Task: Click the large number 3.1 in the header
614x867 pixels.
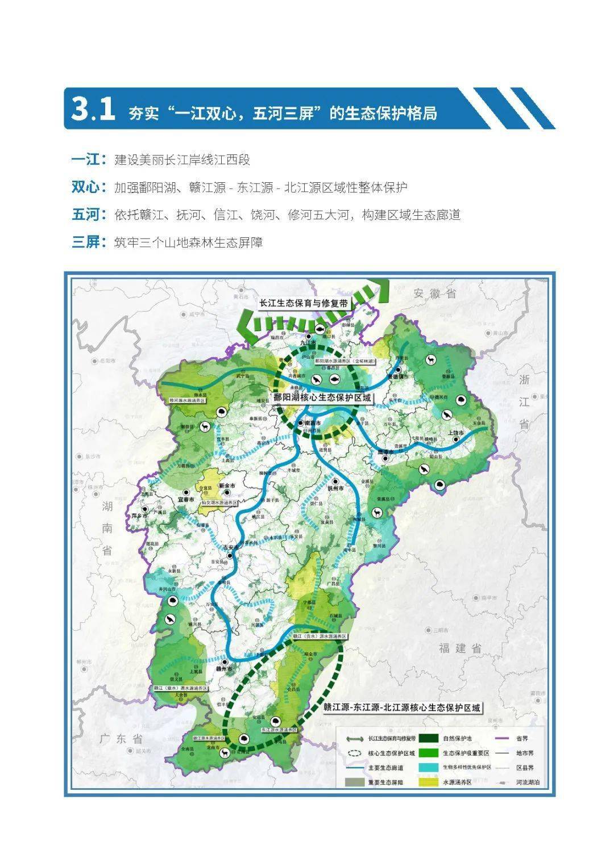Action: (93, 110)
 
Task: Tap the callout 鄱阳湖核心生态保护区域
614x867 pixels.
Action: (322, 398)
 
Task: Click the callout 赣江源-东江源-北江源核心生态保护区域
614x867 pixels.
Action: (403, 708)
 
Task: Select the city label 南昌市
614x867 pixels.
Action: (313, 424)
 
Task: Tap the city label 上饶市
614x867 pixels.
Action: (457, 433)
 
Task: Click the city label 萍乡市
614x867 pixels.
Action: (139, 516)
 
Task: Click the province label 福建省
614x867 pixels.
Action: (460, 648)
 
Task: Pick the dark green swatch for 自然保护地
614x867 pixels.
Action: (429, 738)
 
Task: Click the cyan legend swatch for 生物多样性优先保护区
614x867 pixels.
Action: (429, 768)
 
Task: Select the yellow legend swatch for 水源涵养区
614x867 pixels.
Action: (429, 782)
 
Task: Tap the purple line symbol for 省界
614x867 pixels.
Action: (501, 738)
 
